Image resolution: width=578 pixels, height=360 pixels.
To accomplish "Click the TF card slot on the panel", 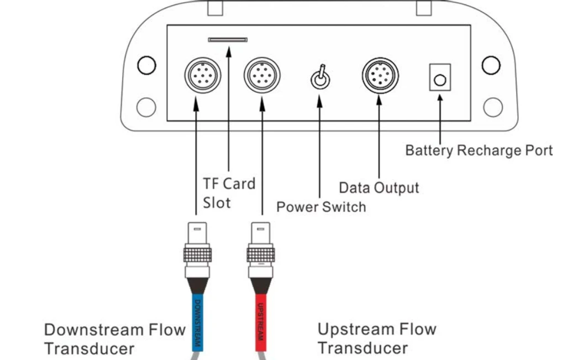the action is click(x=228, y=40).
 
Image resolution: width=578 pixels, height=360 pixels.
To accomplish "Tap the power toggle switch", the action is click(x=320, y=78).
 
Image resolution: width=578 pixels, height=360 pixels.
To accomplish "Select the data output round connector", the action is click(x=380, y=76).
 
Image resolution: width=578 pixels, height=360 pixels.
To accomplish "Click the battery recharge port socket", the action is click(x=440, y=77).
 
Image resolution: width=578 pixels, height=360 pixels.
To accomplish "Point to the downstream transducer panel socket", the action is click(x=202, y=75).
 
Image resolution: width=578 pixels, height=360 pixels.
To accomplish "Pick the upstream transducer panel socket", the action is click(x=262, y=75).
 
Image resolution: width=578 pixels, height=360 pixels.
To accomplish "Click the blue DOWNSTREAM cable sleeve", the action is click(x=198, y=322).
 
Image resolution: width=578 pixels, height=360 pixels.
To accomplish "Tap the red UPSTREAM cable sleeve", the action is click(x=261, y=322).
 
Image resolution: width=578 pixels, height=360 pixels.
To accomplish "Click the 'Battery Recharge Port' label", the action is click(x=479, y=150).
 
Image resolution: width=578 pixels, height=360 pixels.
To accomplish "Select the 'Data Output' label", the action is click(x=379, y=188).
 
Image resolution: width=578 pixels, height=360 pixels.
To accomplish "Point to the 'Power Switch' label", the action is click(x=321, y=207).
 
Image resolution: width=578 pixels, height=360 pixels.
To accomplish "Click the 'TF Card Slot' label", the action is click(x=229, y=193).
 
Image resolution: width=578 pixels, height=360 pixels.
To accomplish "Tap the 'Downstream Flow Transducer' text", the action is click(x=114, y=339).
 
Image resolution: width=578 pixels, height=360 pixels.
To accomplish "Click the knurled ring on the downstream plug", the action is click(x=197, y=254).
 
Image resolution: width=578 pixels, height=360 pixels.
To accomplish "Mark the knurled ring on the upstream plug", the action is click(x=261, y=254).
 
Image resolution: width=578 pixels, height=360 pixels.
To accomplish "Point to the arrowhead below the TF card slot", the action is click(x=229, y=51).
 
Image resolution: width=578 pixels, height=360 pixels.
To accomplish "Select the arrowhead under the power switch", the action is click(x=319, y=102).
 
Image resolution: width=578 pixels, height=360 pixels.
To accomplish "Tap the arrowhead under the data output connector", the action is click(x=379, y=100).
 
